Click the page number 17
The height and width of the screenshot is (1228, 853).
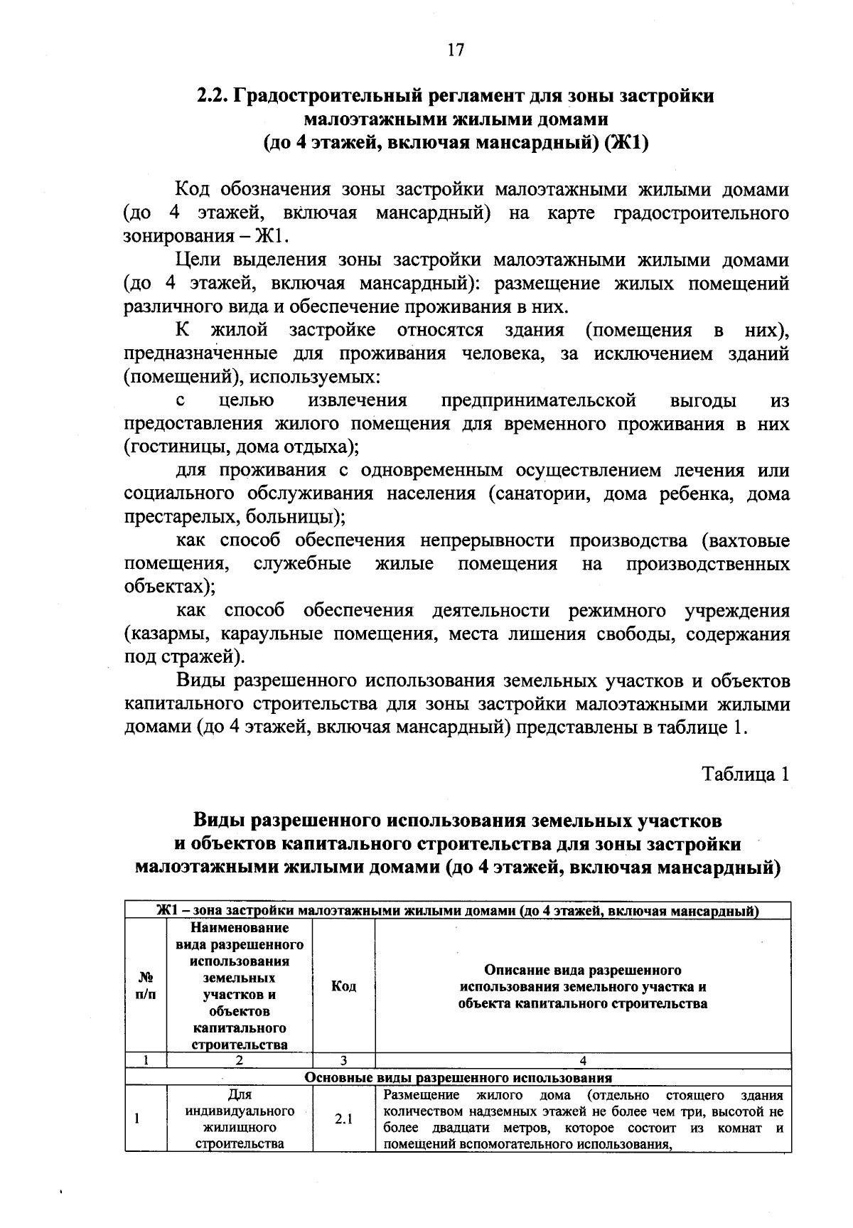pos(456,49)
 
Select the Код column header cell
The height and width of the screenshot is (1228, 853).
pos(343,987)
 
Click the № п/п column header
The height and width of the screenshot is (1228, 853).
pos(145,986)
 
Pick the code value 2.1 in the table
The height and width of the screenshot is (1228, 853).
pos(343,1118)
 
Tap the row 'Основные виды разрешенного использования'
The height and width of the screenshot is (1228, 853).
pos(458,1077)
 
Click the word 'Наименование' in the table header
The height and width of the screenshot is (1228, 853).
pos(240,929)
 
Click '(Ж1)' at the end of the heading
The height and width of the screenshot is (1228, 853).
pos(626,143)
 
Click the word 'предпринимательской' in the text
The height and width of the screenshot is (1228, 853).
pos(538,401)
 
